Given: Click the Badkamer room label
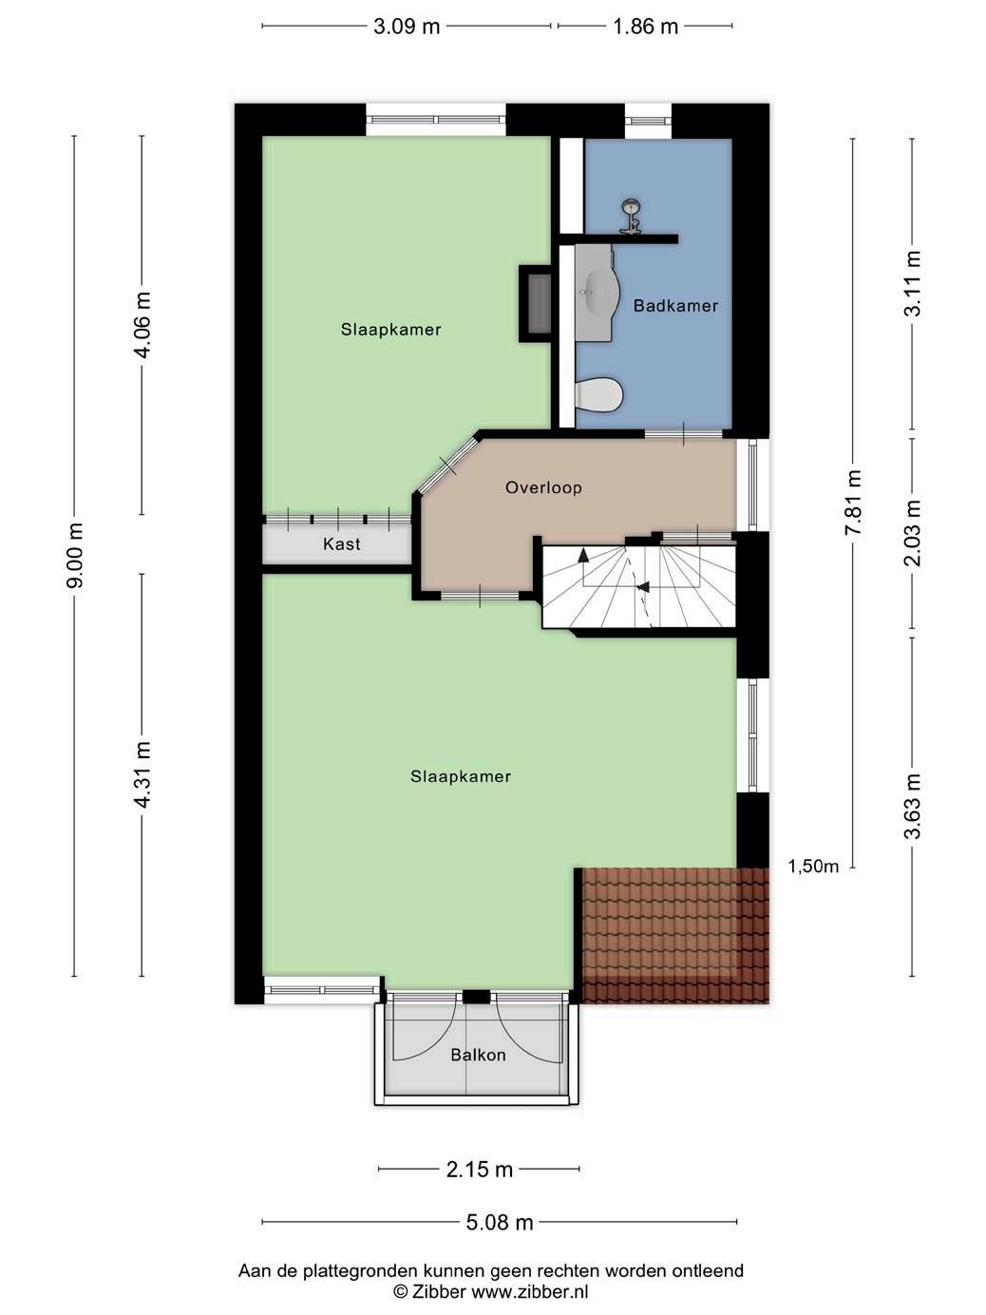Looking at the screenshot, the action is click(x=675, y=306).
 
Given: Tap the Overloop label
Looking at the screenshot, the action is click(x=543, y=487).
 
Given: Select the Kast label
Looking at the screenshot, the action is click(x=342, y=544).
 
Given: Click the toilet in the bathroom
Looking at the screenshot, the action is click(x=598, y=395).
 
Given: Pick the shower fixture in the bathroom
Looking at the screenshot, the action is click(x=630, y=216).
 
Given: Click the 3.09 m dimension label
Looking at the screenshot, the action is click(x=407, y=27).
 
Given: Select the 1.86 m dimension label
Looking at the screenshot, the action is click(x=645, y=27).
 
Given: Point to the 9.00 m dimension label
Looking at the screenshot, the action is click(x=76, y=555).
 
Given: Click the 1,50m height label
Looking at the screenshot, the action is click(x=813, y=867).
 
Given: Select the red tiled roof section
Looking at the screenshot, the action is click(x=675, y=935).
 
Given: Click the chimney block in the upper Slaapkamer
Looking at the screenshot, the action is click(x=535, y=304).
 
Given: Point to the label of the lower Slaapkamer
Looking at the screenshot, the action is click(x=461, y=776).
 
